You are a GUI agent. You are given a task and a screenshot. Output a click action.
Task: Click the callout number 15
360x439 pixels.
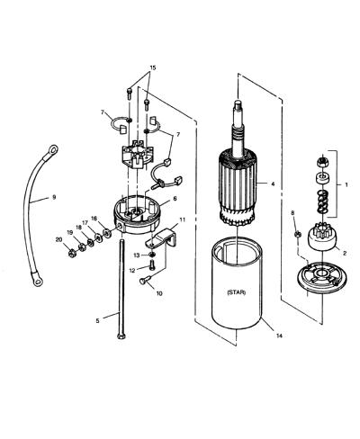pyautogui.click(x=153, y=67)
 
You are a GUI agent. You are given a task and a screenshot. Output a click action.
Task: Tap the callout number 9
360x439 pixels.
pyautogui.click(x=54, y=197)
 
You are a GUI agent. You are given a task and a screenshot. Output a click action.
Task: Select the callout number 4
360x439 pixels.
pyautogui.click(x=273, y=184)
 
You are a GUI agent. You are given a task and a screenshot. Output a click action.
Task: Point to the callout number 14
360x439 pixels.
pyautogui.click(x=279, y=336)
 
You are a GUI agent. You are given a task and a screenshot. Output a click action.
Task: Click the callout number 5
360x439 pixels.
pyautogui.click(x=97, y=321)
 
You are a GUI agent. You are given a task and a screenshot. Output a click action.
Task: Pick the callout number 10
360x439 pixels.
pyautogui.click(x=159, y=293)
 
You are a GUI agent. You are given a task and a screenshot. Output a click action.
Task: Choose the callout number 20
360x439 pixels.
pyautogui.click(x=58, y=239)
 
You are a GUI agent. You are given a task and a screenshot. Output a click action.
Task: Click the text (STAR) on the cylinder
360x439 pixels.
pyautogui.click(x=237, y=292)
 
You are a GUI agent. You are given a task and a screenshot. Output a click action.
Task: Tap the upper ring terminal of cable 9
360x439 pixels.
pyautogui.click(x=53, y=149)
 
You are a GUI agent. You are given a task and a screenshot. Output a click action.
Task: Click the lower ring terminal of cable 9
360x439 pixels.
pyautogui.click(x=38, y=282)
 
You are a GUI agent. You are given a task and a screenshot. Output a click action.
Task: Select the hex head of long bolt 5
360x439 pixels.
pyautogui.click(x=121, y=336)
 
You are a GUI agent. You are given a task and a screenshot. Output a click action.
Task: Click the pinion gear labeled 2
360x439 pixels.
pyautogui.click(x=323, y=239)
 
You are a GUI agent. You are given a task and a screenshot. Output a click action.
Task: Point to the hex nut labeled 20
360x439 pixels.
pyautogui.click(x=72, y=254)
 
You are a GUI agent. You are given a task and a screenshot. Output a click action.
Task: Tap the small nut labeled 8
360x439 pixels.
pyautogui.click(x=297, y=234)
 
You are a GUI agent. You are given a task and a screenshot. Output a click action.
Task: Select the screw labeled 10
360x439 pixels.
pyautogui.click(x=144, y=280)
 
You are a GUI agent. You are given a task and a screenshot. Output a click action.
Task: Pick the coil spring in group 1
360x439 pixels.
pyautogui.click(x=322, y=202)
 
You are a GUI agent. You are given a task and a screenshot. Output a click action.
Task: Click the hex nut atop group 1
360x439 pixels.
pyautogui.click(x=322, y=162)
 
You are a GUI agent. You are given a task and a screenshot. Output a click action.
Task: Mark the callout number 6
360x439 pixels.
pyautogui.click(x=175, y=199)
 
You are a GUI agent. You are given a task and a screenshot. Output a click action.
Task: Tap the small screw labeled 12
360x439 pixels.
pyautogui.click(x=152, y=265)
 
